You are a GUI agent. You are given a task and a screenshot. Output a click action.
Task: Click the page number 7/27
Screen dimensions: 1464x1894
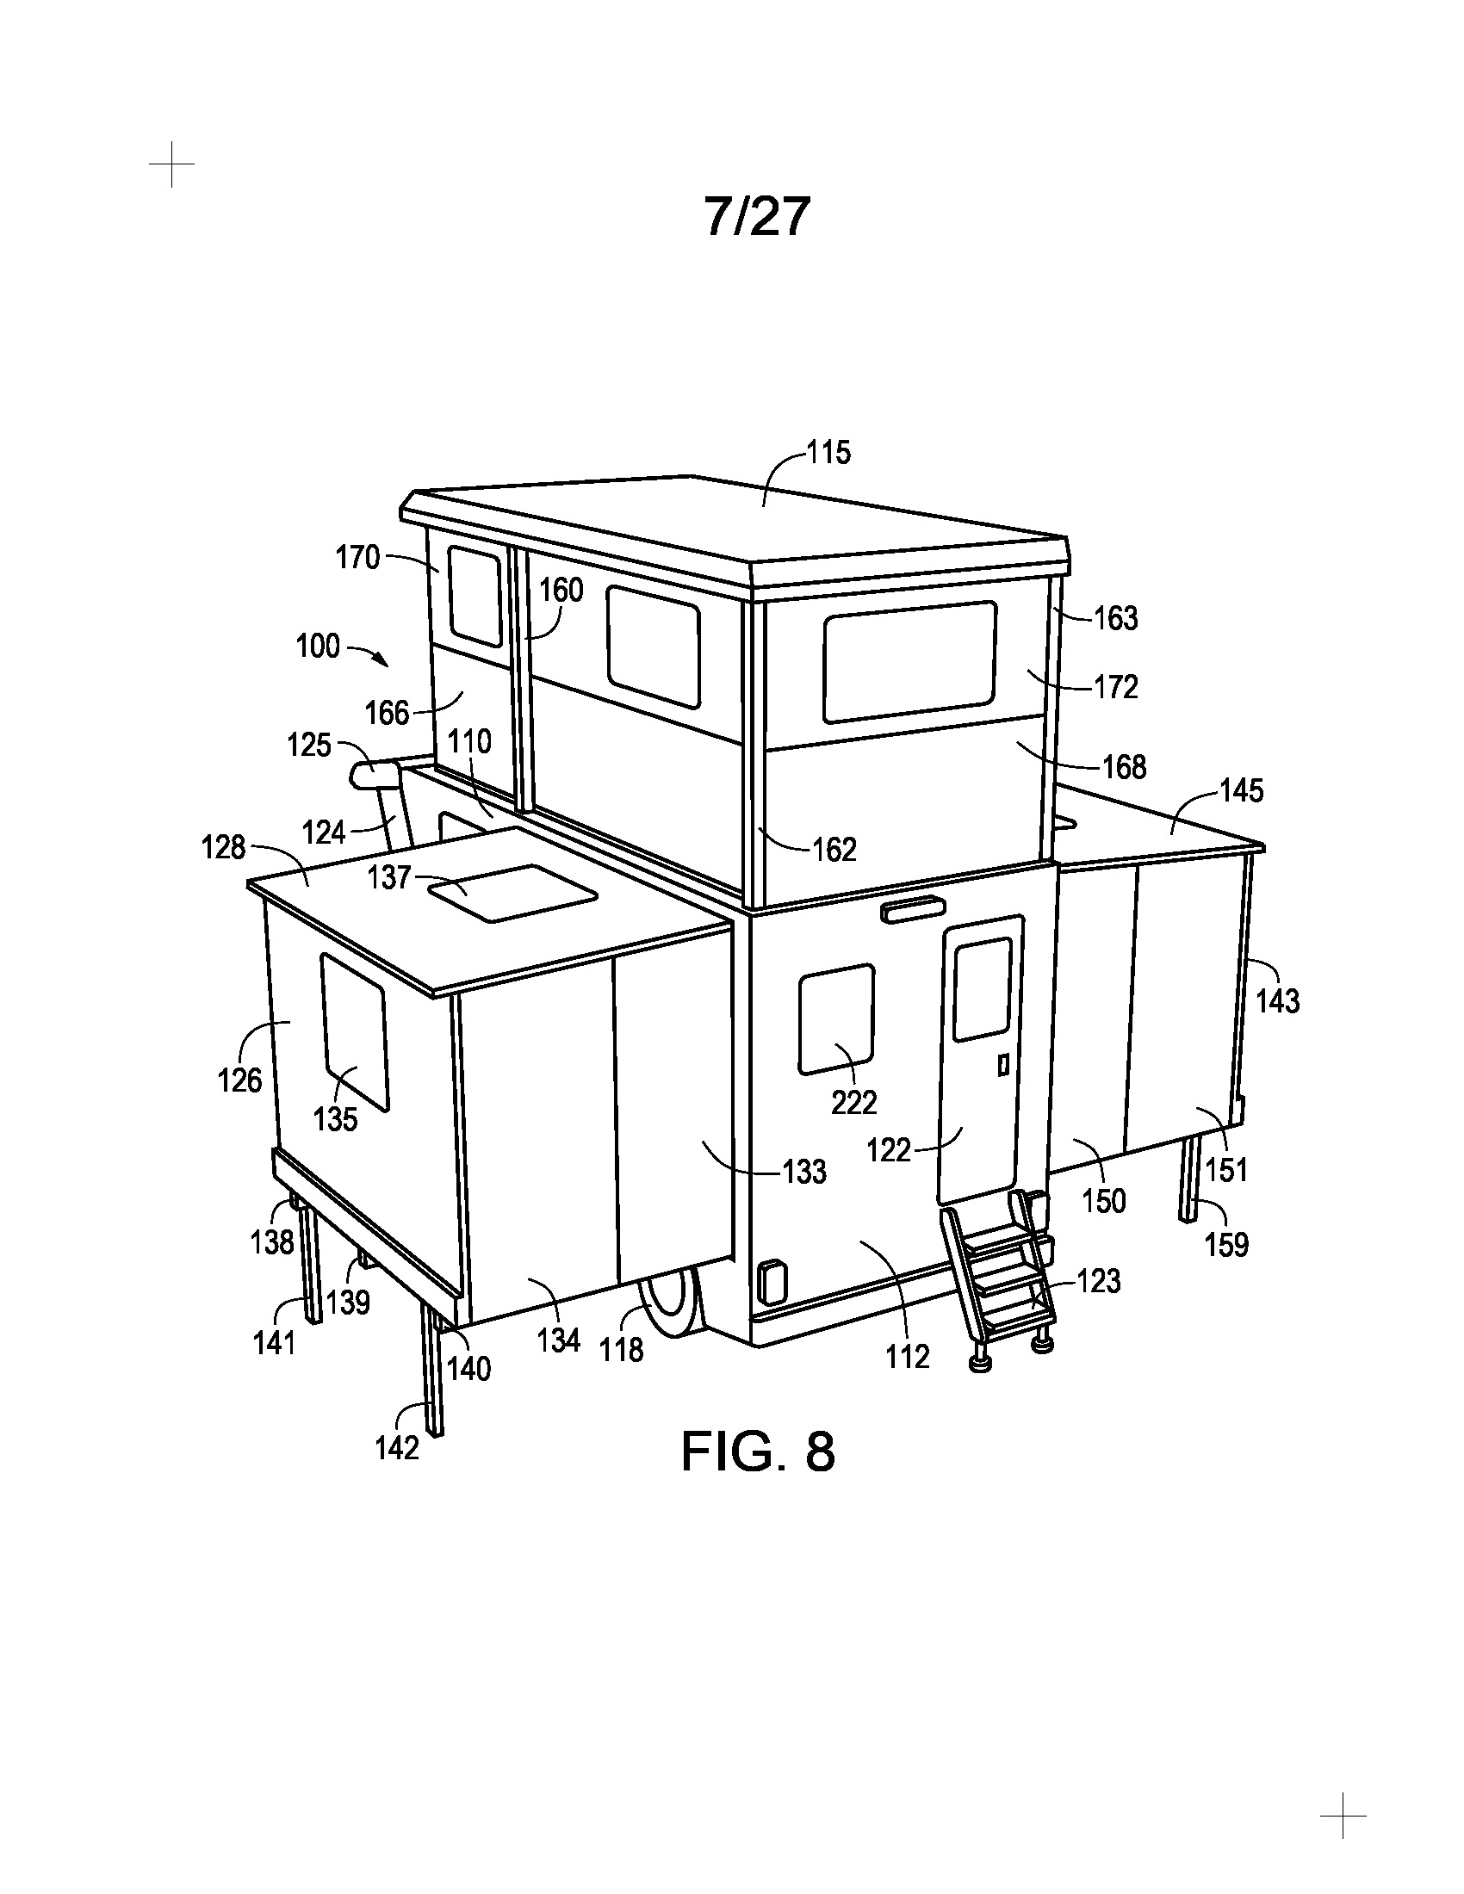tap(757, 216)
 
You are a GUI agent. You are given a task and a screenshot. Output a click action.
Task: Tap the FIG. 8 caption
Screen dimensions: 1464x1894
tap(757, 1451)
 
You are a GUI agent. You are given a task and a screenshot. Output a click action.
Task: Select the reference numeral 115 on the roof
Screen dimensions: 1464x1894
tap(829, 453)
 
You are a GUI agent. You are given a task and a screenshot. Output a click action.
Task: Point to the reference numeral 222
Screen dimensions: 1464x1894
tap(854, 1102)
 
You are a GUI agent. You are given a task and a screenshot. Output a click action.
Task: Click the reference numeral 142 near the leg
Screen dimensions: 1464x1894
tap(397, 1447)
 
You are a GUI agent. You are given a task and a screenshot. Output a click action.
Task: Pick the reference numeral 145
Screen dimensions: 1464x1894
tap(1241, 791)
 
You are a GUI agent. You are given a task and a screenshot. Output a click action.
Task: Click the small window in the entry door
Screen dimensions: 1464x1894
tap(983, 988)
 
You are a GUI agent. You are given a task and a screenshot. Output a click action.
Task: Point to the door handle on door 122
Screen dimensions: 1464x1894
tap(1003, 1065)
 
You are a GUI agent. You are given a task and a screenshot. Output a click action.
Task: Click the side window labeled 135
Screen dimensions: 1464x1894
tap(355, 1032)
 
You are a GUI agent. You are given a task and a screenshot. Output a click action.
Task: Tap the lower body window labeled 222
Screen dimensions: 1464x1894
tap(836, 1019)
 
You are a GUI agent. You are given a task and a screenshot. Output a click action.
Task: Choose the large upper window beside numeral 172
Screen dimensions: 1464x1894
tap(909, 662)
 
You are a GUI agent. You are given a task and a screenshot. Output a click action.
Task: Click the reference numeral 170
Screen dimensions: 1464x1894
tap(358, 558)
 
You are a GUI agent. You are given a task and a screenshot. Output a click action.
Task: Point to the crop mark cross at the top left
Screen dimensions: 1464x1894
tap(171, 164)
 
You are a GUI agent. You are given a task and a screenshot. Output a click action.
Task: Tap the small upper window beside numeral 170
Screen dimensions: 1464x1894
tap(475, 597)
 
